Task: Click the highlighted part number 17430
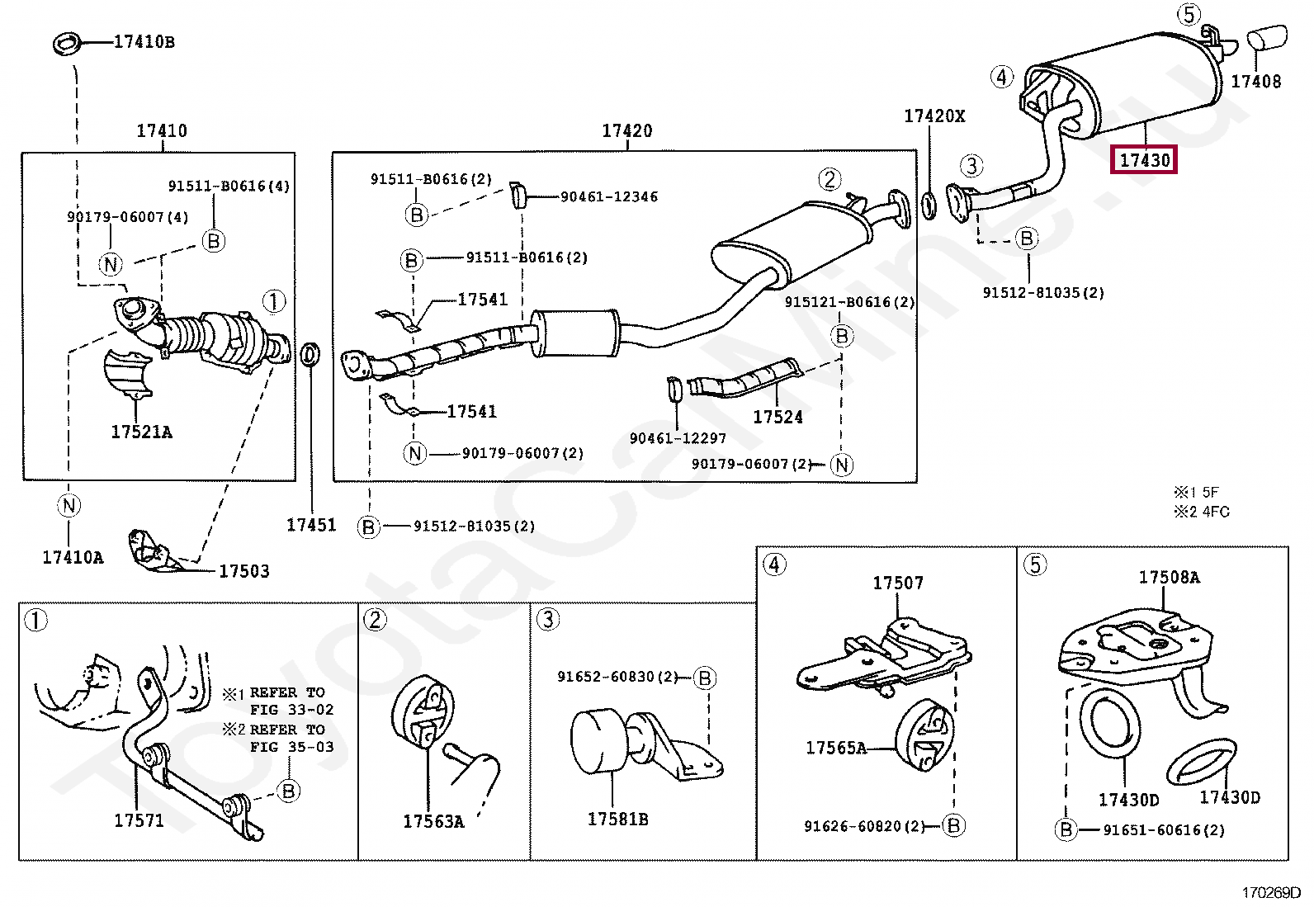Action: pos(1145,160)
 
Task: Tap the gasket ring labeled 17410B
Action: pos(67,43)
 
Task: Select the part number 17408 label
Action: pos(1255,82)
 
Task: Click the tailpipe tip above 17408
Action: pos(1266,38)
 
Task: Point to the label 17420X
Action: pos(934,116)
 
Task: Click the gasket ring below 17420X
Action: pos(929,205)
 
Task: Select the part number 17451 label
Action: pos(311,525)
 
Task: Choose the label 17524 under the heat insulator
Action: pos(778,418)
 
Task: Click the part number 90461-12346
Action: pos(609,197)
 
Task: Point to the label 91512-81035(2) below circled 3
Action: pos(1043,293)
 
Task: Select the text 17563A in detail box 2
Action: pos(433,822)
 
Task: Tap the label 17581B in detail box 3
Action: pos(617,820)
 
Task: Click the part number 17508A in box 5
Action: pos(1169,578)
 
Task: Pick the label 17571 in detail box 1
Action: pos(139,821)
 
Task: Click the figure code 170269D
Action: pos(1270,892)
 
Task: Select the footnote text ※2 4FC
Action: pos(1201,512)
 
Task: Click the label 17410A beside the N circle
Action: pos(73,558)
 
